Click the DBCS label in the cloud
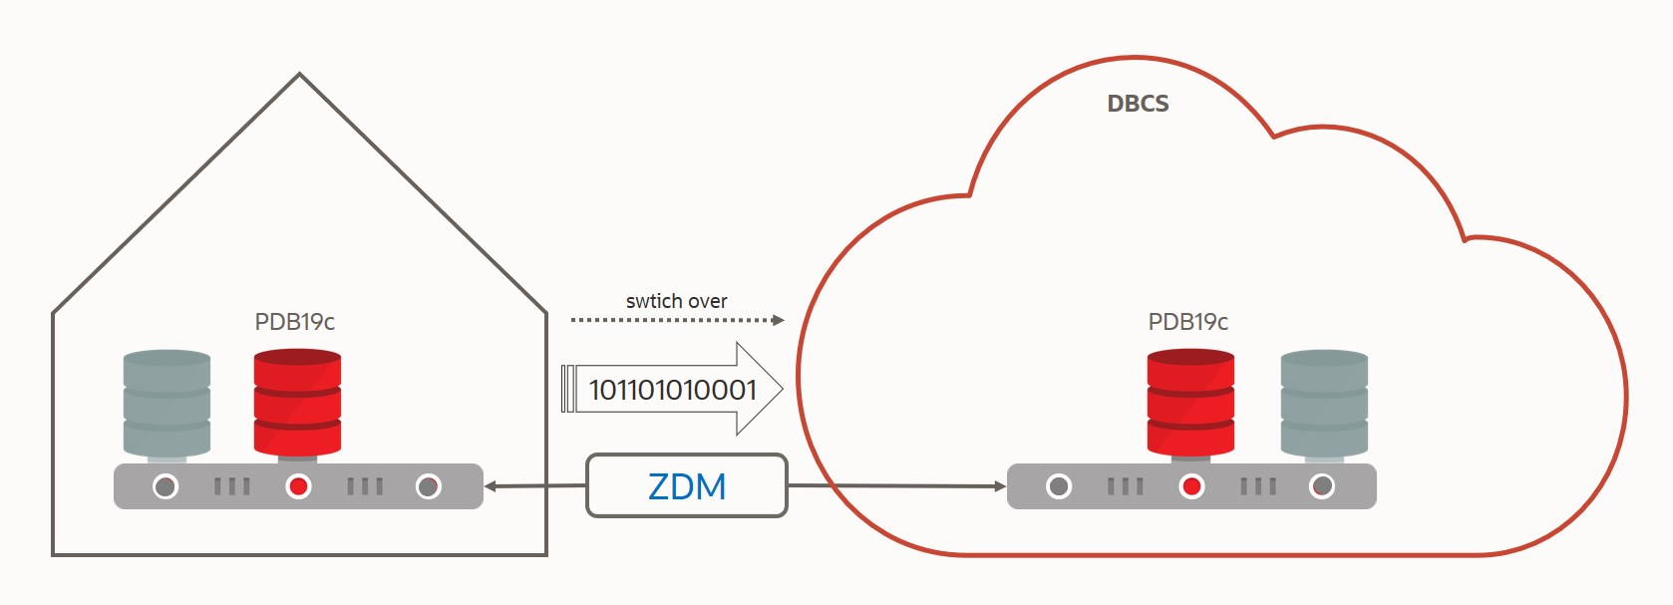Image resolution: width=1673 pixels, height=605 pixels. coord(1138,104)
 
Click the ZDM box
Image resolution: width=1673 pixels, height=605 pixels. coord(687,486)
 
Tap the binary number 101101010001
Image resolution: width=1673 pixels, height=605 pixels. coord(673,390)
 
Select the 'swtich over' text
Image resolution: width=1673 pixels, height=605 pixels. coord(676,301)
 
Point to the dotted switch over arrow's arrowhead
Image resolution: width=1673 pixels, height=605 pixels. coord(779,320)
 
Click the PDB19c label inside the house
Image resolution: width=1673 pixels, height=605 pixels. coord(295,322)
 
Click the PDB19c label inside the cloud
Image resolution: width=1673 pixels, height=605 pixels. coord(1188,322)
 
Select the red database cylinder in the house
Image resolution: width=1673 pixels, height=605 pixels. coord(297,402)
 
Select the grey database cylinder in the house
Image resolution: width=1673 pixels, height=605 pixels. coord(167,403)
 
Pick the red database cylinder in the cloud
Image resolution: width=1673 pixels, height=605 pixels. coord(1190,402)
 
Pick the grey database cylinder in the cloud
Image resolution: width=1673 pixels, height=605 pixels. coord(1324,403)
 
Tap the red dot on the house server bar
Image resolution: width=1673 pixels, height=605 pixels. coord(298,486)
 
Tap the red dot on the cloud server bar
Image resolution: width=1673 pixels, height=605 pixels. coord(1191,486)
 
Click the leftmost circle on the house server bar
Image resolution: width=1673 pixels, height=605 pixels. coord(166,486)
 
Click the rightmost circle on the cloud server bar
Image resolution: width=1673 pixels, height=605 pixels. coord(1322,486)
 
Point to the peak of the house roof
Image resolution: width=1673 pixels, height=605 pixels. coord(299,75)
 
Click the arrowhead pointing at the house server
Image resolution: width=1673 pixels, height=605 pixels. coord(491,486)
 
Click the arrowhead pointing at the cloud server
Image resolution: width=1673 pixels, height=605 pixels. coord(1000,486)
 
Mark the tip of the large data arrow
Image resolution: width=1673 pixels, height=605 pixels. coord(781,389)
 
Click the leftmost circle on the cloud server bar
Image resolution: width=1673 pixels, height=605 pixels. coord(1059,486)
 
